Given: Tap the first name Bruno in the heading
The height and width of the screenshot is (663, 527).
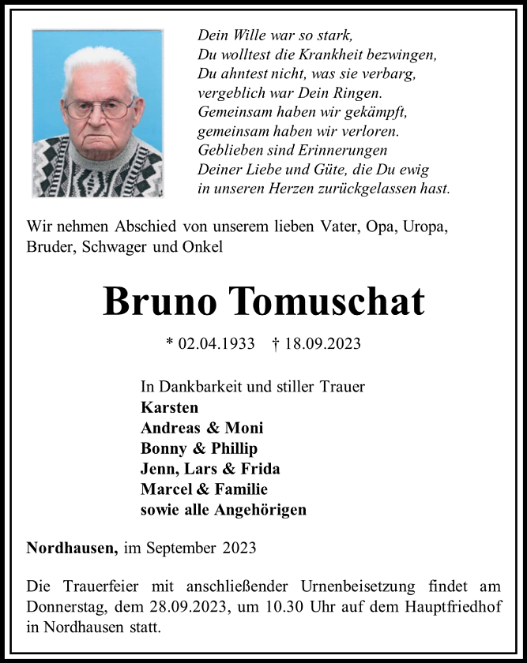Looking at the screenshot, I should [x=160, y=301].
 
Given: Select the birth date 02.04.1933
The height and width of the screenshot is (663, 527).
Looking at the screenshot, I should [x=216, y=343].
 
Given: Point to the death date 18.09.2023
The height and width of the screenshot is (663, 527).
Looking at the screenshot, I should [x=322, y=343].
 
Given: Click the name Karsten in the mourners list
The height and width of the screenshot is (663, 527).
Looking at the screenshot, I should [x=169, y=407].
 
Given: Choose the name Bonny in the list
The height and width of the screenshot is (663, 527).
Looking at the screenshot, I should [x=163, y=448].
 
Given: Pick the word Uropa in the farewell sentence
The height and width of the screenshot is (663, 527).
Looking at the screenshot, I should [x=425, y=227].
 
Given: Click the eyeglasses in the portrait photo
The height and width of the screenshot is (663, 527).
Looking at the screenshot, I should [x=99, y=109].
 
